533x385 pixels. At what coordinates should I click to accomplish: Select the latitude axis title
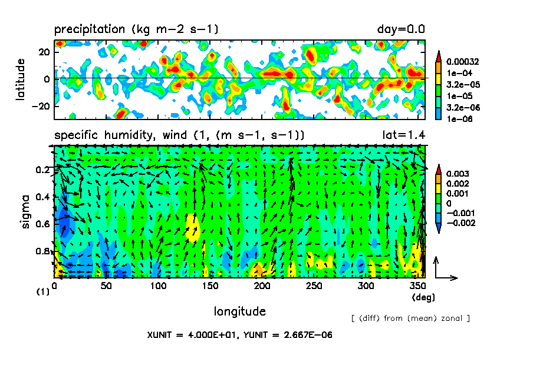click(x=21, y=79)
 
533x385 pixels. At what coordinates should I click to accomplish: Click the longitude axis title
click(x=239, y=311)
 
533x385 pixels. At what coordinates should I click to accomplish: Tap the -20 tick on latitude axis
click(x=42, y=106)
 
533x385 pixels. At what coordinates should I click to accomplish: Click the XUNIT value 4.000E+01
click(x=213, y=335)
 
